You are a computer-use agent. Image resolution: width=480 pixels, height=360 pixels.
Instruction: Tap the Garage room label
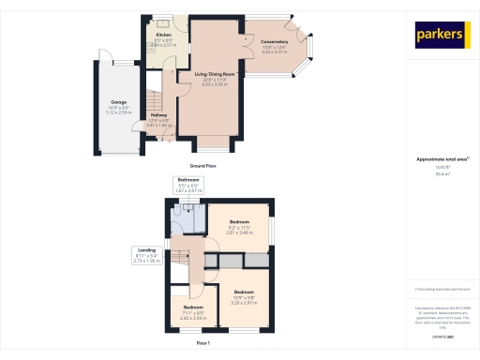click(119, 101)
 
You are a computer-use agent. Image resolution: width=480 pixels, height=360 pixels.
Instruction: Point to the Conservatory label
click(275, 42)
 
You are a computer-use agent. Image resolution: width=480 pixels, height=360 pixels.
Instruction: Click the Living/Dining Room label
click(214, 73)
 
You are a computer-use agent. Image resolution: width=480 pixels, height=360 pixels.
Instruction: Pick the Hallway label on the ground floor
click(158, 114)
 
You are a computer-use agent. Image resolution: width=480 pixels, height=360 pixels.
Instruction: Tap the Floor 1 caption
click(202, 344)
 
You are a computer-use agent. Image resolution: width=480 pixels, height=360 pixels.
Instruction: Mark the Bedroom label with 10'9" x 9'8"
click(243, 292)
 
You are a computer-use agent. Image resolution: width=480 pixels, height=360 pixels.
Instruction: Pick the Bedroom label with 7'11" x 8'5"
click(193, 307)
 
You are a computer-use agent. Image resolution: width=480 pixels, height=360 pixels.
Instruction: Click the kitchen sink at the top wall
click(163, 23)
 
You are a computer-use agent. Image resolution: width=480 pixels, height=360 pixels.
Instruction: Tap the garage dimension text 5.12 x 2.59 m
click(119, 112)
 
